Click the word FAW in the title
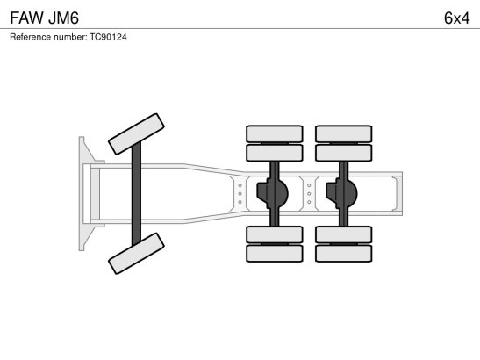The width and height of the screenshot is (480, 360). coord(27,18)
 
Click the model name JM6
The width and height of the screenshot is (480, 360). coord(64,18)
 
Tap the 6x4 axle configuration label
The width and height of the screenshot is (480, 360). coord(456,18)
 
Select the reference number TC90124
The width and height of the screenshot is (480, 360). coord(108,37)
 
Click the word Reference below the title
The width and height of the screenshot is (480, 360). coord(31,37)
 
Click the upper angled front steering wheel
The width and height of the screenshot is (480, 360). coord(136,133)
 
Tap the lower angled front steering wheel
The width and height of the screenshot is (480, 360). coord(136,254)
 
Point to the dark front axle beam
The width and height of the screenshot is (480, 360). coord(136,194)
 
